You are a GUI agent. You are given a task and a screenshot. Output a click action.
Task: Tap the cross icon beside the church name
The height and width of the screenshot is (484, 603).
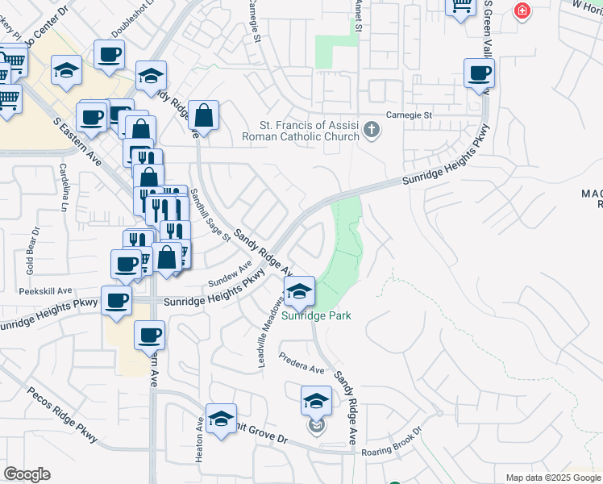(x=371, y=130)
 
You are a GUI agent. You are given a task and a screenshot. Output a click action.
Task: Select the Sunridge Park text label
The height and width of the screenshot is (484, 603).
(x=316, y=316)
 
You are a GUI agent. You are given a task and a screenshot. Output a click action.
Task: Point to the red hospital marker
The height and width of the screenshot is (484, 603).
(x=522, y=11)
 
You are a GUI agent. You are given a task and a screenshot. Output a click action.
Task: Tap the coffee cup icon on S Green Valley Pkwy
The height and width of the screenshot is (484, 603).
(x=479, y=73)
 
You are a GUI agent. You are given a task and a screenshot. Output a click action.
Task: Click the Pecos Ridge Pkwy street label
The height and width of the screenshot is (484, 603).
(x=63, y=415)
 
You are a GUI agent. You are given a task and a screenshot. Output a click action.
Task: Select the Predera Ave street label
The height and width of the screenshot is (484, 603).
(x=301, y=364)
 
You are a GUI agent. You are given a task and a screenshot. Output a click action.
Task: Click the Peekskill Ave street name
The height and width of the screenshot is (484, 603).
(x=46, y=290)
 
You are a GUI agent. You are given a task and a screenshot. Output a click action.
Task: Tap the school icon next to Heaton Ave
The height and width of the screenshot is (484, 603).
(x=221, y=419)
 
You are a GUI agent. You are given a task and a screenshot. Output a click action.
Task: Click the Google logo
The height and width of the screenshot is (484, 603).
(x=27, y=474)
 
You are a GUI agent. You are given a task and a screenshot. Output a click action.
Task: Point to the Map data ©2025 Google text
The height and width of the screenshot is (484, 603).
(x=552, y=478)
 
